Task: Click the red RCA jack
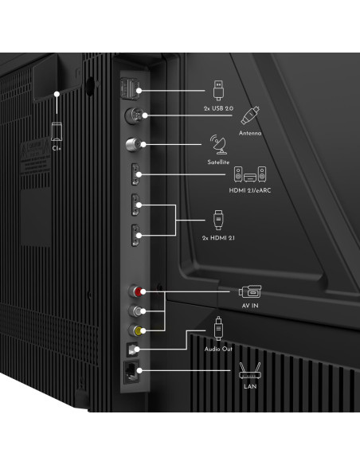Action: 136,291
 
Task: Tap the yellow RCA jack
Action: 136,330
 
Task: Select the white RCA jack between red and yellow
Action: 136,311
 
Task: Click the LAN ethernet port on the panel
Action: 131,373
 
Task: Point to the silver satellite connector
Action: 133,144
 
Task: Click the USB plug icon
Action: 218,90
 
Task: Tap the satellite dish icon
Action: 218,145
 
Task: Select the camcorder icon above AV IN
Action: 251,291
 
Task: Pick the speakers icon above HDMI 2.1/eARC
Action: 250,174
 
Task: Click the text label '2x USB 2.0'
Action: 218,108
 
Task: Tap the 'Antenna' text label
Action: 250,133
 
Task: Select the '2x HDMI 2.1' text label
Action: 218,238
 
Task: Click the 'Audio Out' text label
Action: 218,349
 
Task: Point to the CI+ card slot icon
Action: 57,131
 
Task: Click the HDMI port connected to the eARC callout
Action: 135,174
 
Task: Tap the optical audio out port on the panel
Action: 131,350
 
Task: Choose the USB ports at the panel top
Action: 129,88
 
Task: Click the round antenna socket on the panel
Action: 134,115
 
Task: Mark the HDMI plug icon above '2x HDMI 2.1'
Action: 218,220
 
